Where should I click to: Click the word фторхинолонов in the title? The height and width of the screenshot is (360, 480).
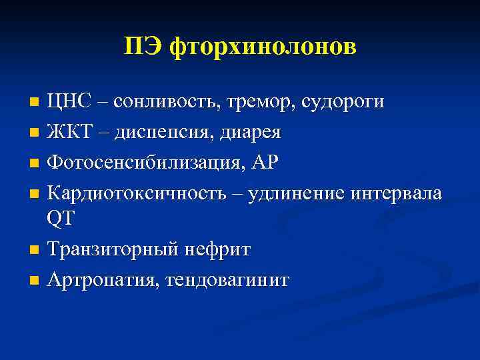(263, 47)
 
